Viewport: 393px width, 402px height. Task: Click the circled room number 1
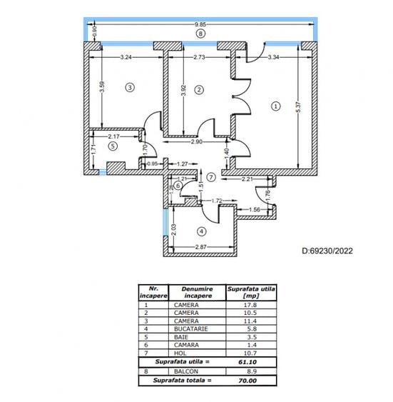pos(276,106)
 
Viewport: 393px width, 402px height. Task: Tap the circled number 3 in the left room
pos(129,88)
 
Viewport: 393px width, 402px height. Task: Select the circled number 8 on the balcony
pos(200,34)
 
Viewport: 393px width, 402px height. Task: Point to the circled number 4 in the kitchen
pos(202,231)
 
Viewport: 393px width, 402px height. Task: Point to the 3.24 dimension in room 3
pos(126,56)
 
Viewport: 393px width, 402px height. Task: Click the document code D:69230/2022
pos(327,251)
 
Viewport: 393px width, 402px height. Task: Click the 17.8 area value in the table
pos(250,305)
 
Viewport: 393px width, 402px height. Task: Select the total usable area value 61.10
pos(250,361)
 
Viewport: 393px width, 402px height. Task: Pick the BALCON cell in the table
pos(184,372)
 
